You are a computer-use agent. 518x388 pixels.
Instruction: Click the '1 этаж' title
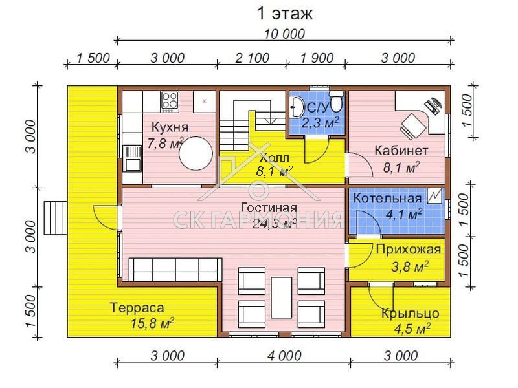point(284,14)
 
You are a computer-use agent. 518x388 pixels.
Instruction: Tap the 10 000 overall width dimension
point(284,34)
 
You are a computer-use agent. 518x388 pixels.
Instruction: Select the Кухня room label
point(170,127)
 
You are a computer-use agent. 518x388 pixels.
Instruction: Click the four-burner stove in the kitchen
point(170,100)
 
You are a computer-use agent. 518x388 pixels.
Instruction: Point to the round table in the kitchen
point(196,153)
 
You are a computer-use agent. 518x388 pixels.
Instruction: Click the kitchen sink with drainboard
point(132,158)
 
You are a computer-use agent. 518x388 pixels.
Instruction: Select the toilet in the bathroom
point(337,102)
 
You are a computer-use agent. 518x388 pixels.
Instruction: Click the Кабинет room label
point(401,151)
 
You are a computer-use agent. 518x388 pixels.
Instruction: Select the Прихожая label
point(409,249)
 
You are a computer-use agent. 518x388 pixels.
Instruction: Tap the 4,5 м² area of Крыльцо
point(412,329)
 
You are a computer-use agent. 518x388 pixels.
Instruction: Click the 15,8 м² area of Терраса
point(152,323)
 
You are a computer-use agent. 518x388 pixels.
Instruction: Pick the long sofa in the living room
point(175,270)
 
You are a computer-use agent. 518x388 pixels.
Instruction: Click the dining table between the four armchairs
point(282,297)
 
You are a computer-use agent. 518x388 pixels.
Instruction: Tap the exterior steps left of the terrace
point(56,218)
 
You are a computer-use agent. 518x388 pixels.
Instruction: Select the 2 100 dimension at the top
point(253,58)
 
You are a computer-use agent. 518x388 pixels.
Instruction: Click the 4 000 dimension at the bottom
point(284,356)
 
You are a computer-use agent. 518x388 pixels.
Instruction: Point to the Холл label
point(274,158)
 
